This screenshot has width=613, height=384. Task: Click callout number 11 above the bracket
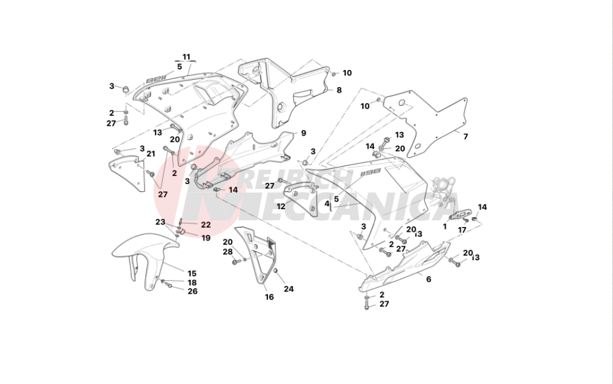pyautogui.click(x=186, y=57)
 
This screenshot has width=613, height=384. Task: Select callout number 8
pyautogui.click(x=338, y=90)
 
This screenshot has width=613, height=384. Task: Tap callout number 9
pyautogui.click(x=303, y=133)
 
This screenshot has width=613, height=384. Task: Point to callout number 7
pyautogui.click(x=465, y=136)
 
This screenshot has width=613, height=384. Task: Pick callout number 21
pyautogui.click(x=151, y=154)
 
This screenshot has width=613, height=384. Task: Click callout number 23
pyautogui.click(x=160, y=222)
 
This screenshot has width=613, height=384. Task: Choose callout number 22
pyautogui.click(x=205, y=225)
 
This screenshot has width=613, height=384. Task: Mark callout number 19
pyautogui.click(x=205, y=237)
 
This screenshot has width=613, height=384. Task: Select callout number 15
pyautogui.click(x=192, y=273)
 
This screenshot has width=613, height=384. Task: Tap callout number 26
pyautogui.click(x=192, y=291)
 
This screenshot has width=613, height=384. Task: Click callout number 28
pyautogui.click(x=227, y=252)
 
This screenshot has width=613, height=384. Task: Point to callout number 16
pyautogui.click(x=269, y=298)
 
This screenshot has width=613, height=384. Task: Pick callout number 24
pyautogui.click(x=289, y=289)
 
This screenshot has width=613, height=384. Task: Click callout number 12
pyautogui.click(x=281, y=207)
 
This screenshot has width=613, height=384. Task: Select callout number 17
pyautogui.click(x=462, y=230)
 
